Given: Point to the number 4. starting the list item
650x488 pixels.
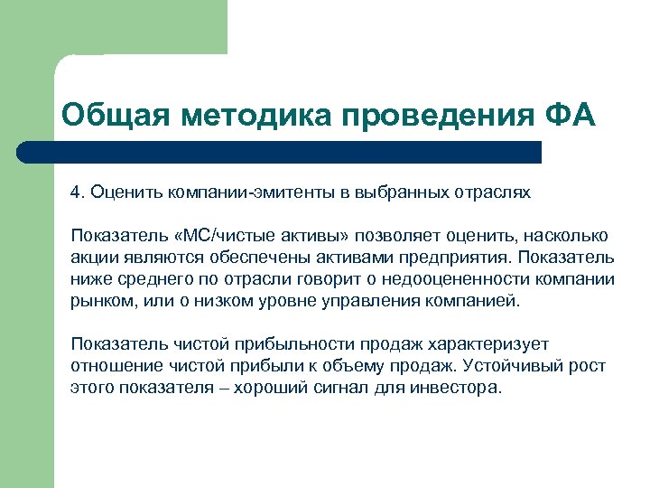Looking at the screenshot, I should [x=78, y=192].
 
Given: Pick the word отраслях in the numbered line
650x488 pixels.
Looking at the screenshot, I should [x=497, y=192].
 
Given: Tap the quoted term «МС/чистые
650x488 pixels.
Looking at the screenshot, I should [x=214, y=237].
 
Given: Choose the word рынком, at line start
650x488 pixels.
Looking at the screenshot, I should [x=99, y=302].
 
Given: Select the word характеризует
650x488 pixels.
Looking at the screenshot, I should [x=485, y=345].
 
